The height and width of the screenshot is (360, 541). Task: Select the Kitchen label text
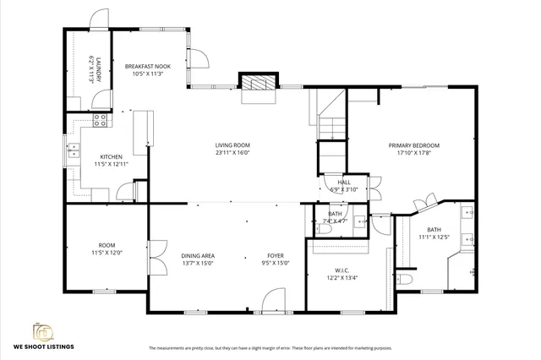point(112,157)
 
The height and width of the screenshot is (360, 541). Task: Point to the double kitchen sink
point(74,151)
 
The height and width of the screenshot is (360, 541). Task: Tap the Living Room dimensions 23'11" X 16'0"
point(232,153)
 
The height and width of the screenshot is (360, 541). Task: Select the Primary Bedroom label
point(414,145)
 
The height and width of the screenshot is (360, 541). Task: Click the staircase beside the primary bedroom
point(331,118)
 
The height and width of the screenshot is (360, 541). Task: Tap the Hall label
point(344,182)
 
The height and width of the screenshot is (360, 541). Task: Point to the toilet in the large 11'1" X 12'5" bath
point(403,278)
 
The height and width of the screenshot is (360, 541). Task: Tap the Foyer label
point(276,255)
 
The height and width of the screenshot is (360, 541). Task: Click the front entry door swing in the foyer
point(272,301)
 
